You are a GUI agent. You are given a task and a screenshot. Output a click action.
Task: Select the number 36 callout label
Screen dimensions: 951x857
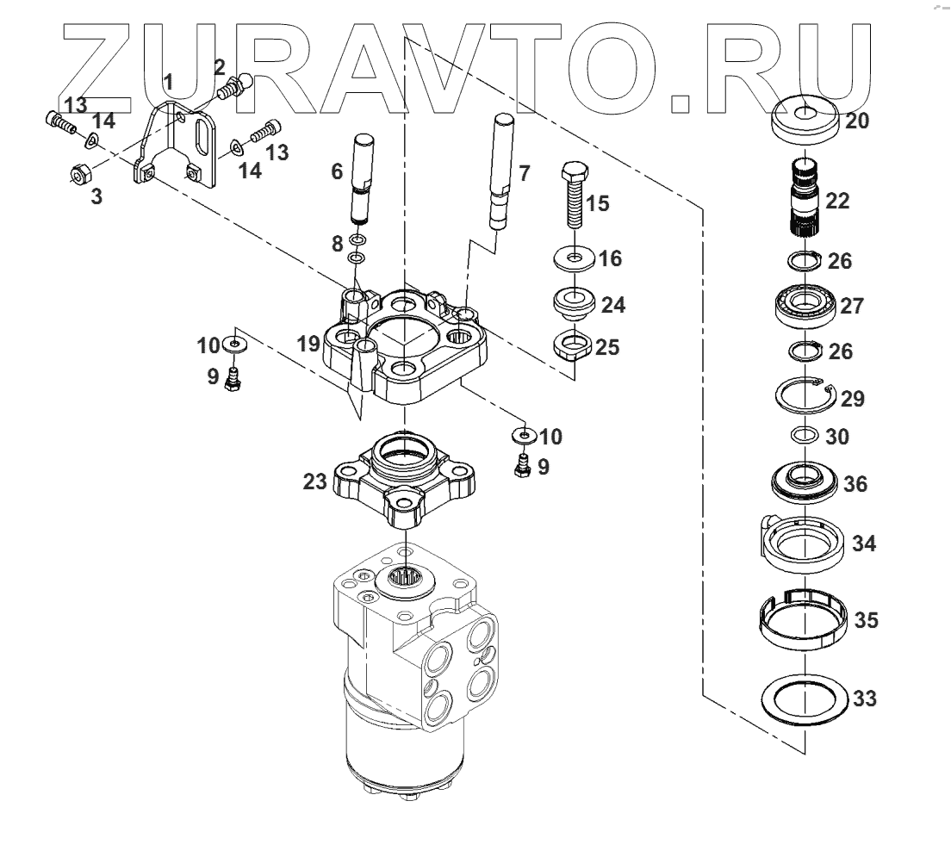coord(855,485)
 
